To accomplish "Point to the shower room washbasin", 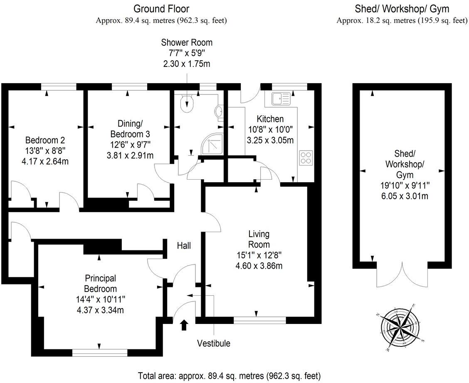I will click(219, 112).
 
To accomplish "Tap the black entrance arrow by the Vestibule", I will click(184, 324).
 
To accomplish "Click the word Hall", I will click(184, 246).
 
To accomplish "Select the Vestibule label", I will click(213, 343).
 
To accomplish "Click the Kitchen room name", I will click(270, 119).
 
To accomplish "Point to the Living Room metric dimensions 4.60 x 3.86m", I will click(259, 265).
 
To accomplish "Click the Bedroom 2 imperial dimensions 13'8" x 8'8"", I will click(45, 150).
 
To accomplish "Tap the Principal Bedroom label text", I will click(100, 283).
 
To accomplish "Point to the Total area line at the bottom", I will click(229, 375).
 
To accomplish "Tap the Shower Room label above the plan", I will click(187, 42).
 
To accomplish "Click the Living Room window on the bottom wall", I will click(260, 320).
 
